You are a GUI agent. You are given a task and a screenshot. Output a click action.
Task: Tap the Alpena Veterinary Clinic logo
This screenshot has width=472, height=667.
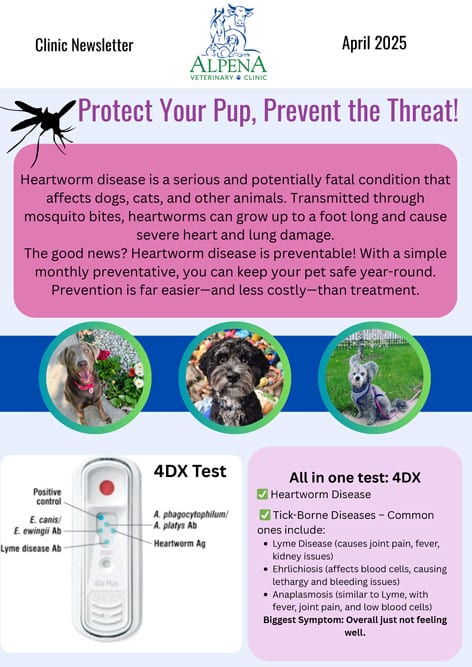coord(228,43)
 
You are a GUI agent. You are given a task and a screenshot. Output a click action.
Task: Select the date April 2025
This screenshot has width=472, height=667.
coord(374,43)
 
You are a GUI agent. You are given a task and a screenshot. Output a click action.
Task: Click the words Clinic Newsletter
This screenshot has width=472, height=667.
coord(84,45)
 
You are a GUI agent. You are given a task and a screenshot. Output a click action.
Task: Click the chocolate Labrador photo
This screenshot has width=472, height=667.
coord(95,378)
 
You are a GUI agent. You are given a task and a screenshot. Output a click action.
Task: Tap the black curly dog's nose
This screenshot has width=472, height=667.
coord(233,376)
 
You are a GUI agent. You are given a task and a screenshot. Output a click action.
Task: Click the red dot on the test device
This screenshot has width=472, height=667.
coord(107,487)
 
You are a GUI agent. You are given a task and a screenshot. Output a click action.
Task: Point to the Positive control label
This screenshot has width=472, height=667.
coord(48,496)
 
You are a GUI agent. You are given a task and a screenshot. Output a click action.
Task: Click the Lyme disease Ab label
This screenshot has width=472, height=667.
coord(31,548)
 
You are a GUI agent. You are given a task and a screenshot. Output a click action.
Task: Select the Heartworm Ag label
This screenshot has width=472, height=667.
coord(179,543)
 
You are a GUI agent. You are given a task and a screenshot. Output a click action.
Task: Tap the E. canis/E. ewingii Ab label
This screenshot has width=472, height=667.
coord(38,525)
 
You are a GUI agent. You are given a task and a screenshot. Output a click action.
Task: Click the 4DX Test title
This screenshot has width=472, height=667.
coord(190,471)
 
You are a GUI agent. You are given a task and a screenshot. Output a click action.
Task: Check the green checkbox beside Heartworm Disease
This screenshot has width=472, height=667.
coord(262,494)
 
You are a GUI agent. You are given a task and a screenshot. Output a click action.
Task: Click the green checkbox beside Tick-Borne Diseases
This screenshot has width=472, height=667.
coord(265,515)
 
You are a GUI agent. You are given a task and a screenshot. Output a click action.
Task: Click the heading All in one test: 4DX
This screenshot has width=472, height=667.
coord(355,478)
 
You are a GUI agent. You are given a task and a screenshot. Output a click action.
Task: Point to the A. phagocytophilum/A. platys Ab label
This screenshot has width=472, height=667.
coord(191,520)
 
